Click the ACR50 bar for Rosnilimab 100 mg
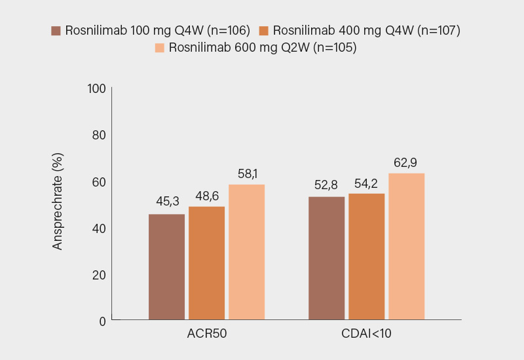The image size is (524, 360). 166,267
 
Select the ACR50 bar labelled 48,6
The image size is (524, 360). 206,263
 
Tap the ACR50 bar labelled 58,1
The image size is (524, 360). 246,252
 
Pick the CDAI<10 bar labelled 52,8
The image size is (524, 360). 326,258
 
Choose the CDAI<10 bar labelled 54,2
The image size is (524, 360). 366,257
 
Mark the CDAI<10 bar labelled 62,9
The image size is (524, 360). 406,246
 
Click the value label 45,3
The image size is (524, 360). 166,201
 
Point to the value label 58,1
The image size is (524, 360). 246,173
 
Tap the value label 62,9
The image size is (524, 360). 406,162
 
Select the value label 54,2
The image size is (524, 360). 366,183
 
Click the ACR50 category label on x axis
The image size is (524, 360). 206,334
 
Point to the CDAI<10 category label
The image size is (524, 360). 366,334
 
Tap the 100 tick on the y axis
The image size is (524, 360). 96,88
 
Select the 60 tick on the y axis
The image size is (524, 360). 98,181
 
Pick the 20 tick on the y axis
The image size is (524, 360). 98,274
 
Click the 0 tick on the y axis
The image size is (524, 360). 102,321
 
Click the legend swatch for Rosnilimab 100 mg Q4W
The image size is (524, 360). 56,31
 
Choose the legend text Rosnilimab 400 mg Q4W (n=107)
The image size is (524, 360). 367,31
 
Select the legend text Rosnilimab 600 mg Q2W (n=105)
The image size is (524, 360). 263,48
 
